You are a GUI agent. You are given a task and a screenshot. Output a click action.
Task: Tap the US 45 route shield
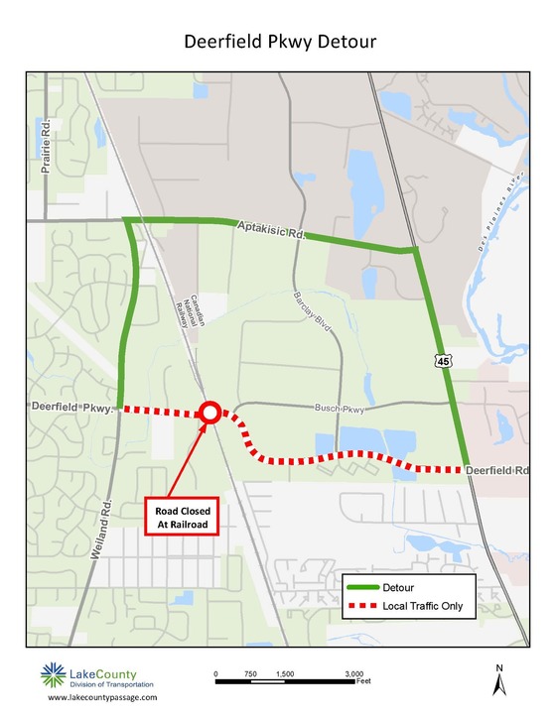pyautogui.click(x=443, y=364)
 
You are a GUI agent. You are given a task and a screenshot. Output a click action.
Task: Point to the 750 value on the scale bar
pyautogui.click(x=250, y=673)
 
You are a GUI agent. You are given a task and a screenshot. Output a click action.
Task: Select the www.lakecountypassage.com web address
pyautogui.click(x=102, y=698)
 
